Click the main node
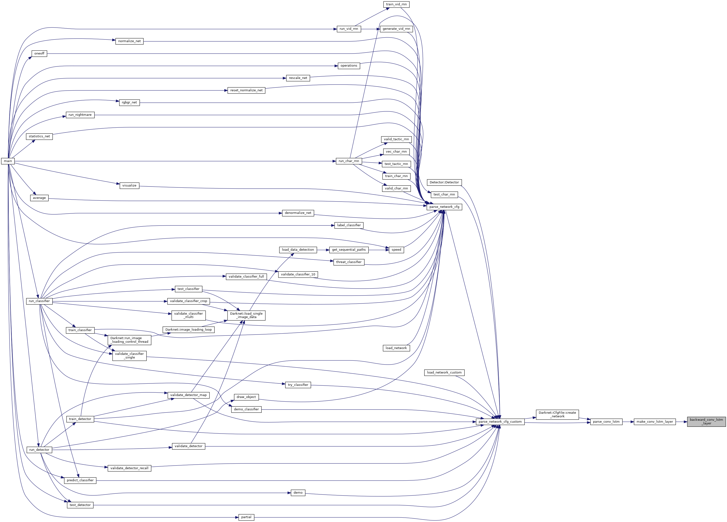point(8,161)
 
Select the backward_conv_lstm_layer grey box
point(706,421)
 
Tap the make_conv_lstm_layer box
point(655,422)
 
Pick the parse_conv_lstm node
point(606,422)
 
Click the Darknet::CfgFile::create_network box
point(557,414)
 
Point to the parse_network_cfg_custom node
point(500,422)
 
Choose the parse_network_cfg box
point(444,207)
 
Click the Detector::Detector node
point(444,182)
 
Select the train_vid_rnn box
point(396,4)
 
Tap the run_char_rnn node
point(349,161)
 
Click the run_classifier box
point(39,301)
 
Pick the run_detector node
point(39,450)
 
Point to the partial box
point(246,517)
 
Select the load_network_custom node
point(444,372)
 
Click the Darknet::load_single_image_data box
point(246,315)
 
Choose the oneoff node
point(39,54)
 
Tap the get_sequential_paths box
point(349,250)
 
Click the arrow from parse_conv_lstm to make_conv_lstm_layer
point(628,422)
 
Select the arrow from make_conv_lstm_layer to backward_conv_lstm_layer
point(681,422)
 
